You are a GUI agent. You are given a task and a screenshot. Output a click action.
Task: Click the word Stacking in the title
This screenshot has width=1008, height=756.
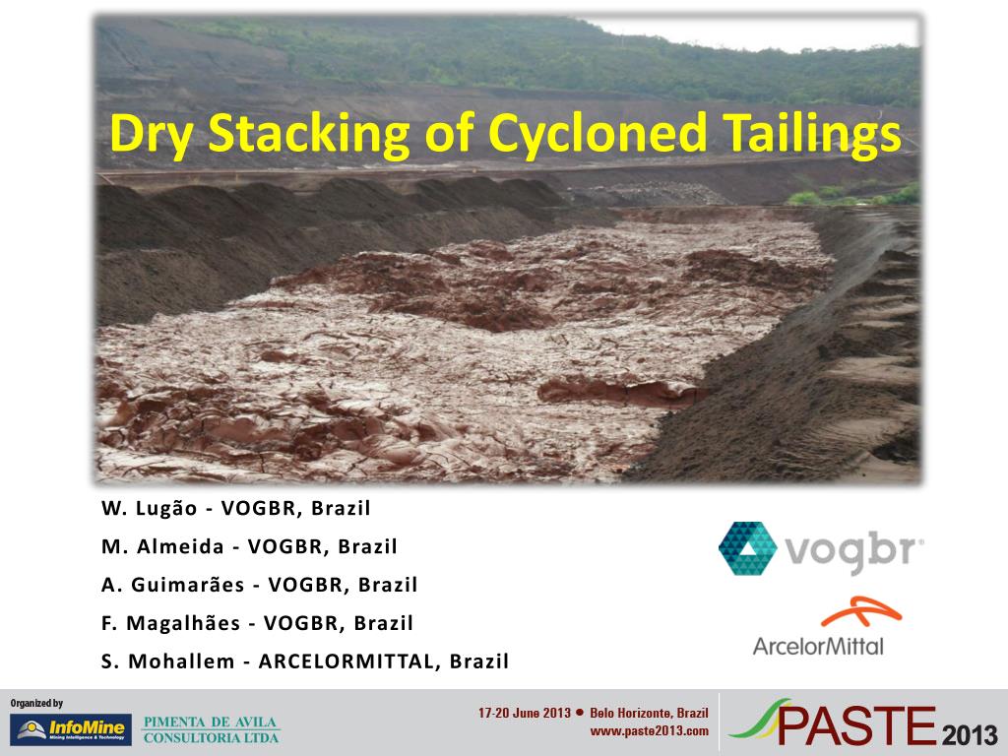[x=308, y=133]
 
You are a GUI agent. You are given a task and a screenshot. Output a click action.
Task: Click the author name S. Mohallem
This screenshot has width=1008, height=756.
[x=167, y=661]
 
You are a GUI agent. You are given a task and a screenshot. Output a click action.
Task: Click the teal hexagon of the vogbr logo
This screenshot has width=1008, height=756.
[x=748, y=548]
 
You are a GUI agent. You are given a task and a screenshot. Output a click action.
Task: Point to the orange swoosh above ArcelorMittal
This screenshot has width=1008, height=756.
[x=861, y=610]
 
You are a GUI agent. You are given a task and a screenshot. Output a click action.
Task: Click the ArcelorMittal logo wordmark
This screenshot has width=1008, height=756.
[x=818, y=646]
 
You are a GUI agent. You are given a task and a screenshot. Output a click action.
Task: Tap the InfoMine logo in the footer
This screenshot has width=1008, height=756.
[x=71, y=729]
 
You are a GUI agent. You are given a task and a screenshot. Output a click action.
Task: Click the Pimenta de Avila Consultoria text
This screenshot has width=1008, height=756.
[x=211, y=729]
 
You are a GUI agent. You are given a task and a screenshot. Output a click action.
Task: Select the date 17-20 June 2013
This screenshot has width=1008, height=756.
[x=525, y=713]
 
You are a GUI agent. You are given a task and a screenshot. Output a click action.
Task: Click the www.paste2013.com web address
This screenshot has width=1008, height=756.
[x=650, y=731]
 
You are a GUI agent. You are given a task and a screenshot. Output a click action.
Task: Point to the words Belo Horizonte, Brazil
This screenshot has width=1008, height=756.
[x=650, y=713]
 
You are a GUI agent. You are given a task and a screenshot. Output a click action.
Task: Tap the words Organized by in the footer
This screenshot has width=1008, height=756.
[x=36, y=703]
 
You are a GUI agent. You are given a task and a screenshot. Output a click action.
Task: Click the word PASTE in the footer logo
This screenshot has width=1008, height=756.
[x=856, y=725]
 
